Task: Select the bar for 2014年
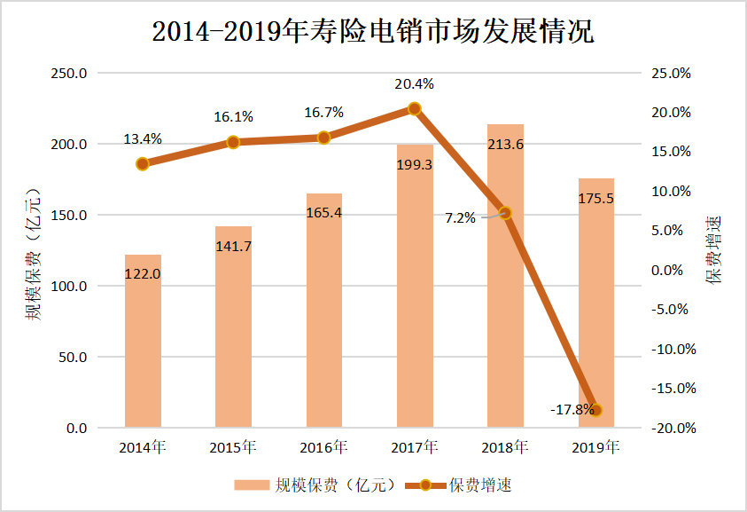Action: (143, 342)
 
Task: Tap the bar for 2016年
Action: (324, 311)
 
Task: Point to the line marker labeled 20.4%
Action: (415, 109)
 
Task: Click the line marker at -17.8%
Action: (596, 410)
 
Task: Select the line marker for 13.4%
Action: (143, 164)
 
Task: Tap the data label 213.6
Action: (505, 145)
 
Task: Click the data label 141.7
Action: (233, 245)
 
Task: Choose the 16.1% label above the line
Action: (233, 116)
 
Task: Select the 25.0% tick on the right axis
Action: (671, 74)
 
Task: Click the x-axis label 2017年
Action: (415, 446)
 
